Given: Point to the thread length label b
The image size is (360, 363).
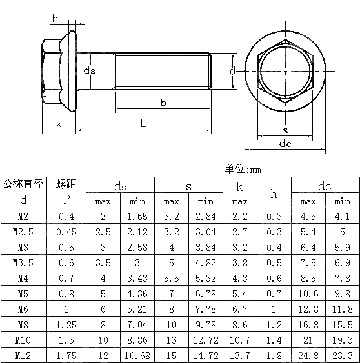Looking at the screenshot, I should coord(163,103).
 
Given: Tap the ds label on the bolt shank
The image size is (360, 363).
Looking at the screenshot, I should coord(90,70).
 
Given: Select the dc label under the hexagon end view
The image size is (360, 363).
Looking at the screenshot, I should coord(285,144).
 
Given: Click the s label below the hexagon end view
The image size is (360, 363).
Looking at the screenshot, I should coord(285,130).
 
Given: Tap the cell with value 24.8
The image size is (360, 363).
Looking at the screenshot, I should coord(308,355).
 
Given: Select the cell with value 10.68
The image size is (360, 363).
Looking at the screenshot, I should coord(137,355).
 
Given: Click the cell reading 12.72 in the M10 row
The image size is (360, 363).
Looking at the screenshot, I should coord(205,340).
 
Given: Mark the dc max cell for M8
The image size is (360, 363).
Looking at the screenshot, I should coord(308,324).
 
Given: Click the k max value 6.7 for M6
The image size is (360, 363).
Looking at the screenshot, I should coord(239,309).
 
